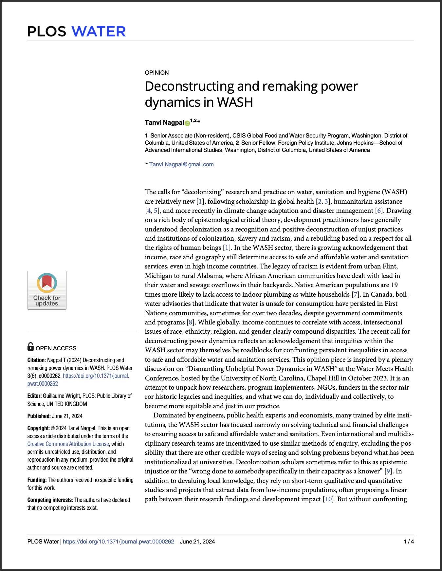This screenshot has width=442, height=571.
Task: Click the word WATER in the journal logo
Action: tap(98, 31)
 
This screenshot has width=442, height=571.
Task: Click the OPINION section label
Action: tap(157, 73)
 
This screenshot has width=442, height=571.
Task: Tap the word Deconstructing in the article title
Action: tap(189, 86)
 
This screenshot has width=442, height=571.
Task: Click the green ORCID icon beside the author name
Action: tap(187, 123)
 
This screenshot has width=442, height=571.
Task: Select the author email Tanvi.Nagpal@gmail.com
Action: tap(181, 164)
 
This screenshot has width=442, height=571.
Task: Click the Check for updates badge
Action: tap(47, 290)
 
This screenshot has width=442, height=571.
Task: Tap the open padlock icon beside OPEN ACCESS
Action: tap(30, 346)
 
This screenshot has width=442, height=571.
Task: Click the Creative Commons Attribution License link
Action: tap(68, 444)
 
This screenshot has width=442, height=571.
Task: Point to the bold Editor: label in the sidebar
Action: tap(34, 396)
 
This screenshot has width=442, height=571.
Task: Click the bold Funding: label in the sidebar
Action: tap(37, 480)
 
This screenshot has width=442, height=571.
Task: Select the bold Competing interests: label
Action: tap(50, 500)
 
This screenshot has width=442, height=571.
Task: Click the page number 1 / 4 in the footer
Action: tap(409, 542)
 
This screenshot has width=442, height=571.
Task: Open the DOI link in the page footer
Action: tap(119, 542)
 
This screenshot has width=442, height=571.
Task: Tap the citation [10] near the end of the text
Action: tap(328, 499)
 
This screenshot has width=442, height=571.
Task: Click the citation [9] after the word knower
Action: tap(388, 471)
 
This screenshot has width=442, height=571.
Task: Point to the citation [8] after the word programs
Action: tap(190, 322)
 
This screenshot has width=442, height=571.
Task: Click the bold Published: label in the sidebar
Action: tap(39, 416)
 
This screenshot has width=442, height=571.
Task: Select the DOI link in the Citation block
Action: tap(96, 376)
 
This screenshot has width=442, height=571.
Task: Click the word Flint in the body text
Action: tap(390, 267)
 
